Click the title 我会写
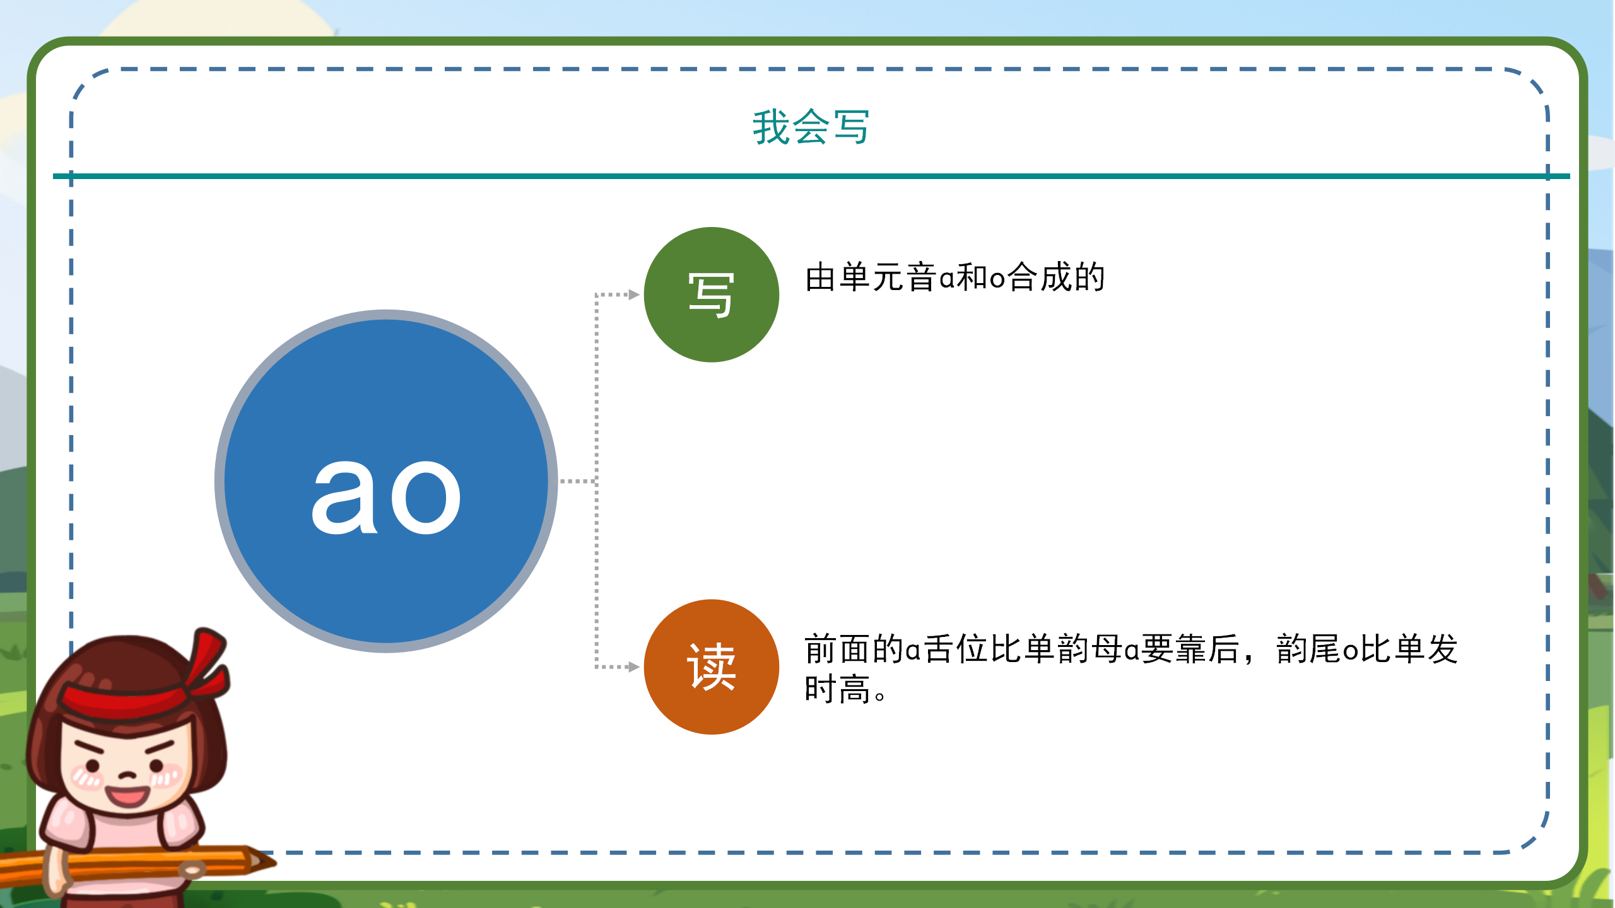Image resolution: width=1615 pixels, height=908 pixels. point(811,127)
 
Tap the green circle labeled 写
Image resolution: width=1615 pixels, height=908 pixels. point(711,294)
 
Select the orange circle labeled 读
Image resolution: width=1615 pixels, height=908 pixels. point(711,666)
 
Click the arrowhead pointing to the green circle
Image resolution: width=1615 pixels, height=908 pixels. point(634,294)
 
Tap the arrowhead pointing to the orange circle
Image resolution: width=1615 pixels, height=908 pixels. point(634,666)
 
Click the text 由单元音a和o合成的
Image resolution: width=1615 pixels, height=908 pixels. point(954,277)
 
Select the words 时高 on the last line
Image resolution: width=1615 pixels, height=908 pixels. point(838,689)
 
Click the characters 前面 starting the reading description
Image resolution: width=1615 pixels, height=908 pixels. point(838,649)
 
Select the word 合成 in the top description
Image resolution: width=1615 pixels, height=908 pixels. point(1040,277)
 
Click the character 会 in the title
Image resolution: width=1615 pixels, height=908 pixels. point(811,127)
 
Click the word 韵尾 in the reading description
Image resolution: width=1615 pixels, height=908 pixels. point(1308,649)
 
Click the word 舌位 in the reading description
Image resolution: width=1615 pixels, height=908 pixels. point(954,649)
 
